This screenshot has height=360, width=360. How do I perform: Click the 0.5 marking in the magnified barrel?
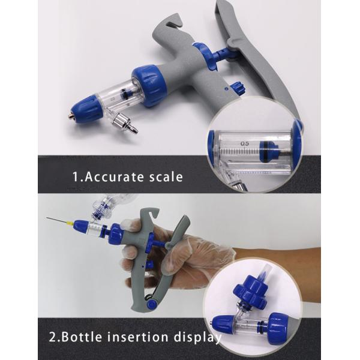coord(245,144)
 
